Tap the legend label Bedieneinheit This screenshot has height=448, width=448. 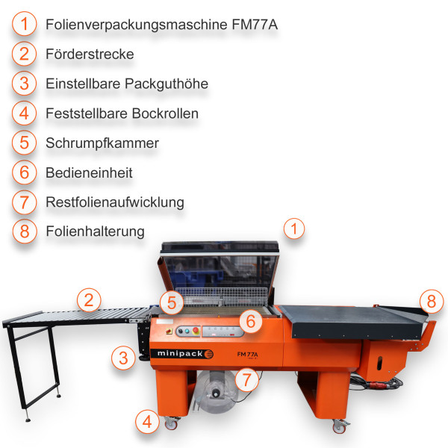(x=89, y=172)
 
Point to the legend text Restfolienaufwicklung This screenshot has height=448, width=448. (x=114, y=202)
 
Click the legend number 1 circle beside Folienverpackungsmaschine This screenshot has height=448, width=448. (x=25, y=25)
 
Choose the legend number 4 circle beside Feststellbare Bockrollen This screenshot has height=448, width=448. (x=25, y=113)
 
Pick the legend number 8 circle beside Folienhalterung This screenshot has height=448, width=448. (x=25, y=231)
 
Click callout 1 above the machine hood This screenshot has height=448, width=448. (x=296, y=228)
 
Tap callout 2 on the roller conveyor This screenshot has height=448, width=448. (x=89, y=300)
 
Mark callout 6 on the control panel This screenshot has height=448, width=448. (x=252, y=321)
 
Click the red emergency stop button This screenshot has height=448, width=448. (x=196, y=329)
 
